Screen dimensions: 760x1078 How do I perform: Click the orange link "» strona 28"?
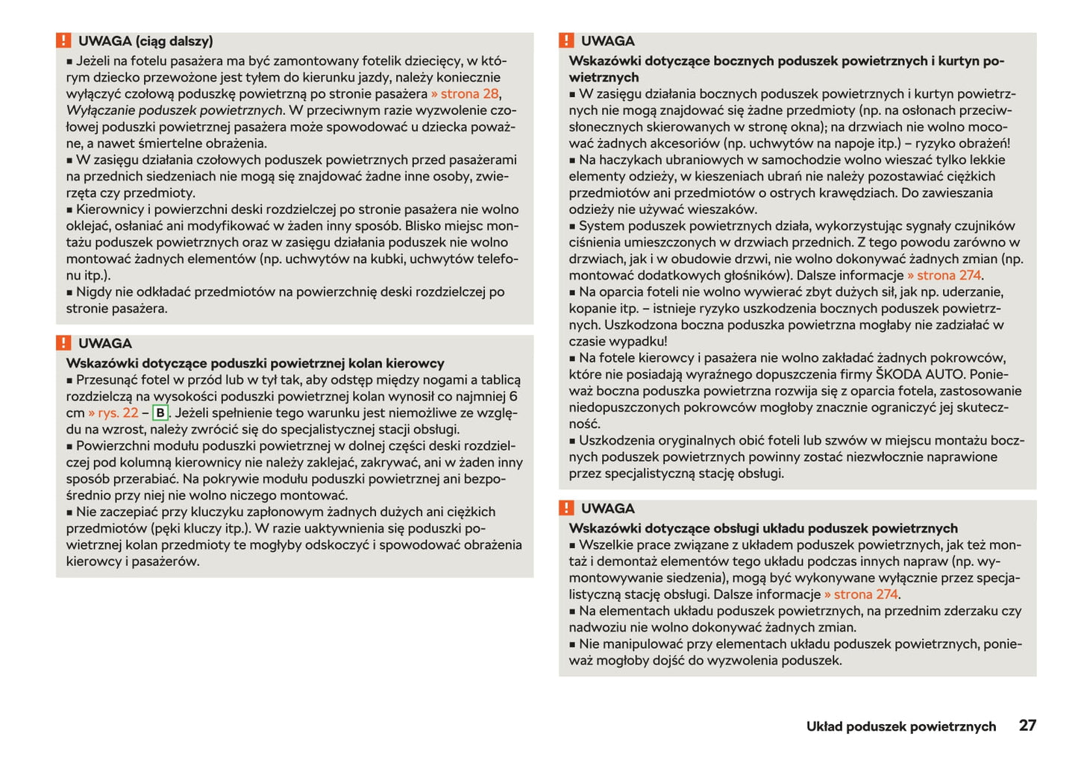[465, 94]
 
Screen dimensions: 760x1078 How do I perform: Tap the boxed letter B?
[160, 413]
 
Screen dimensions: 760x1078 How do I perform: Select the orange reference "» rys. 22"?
[113, 413]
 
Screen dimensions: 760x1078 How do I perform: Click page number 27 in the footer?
[1027, 725]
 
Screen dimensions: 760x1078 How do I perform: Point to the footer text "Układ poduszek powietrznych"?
[900, 726]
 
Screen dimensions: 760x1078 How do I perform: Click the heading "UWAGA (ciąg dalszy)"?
[145, 41]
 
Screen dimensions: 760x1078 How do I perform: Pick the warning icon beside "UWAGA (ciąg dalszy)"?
[63, 40]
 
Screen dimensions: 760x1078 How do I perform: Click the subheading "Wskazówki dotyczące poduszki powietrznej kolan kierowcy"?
[255, 363]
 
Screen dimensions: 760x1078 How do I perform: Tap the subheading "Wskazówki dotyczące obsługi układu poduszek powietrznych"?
[763, 528]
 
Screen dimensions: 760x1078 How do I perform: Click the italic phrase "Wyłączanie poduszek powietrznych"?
[175, 110]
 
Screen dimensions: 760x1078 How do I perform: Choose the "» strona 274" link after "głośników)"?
[944, 275]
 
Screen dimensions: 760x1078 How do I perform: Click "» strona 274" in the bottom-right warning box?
[861, 594]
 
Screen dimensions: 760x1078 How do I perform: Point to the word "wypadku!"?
[638, 342]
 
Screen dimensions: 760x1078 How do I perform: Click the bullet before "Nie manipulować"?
[572, 644]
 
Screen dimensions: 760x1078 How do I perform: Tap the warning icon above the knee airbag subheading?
[63, 343]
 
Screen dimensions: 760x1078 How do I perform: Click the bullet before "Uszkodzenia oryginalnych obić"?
[572, 442]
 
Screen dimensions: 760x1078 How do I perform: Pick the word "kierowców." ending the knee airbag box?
[96, 562]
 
